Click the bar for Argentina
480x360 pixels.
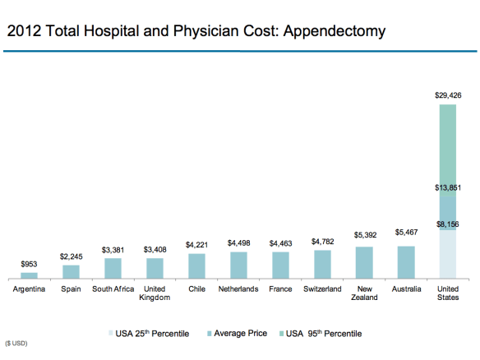29,275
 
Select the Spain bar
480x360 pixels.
71,271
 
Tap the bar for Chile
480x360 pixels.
196,266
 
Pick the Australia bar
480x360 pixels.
406,262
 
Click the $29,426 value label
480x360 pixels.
448,95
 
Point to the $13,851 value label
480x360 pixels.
448,188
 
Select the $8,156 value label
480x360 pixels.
448,224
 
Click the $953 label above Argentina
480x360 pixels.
29,264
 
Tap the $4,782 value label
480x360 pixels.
322,242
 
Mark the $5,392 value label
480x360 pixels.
364,235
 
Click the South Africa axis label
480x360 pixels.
113,289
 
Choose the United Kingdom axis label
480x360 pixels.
155,293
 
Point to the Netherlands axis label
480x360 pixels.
238,289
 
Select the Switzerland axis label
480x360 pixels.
322,289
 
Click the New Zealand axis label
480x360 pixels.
364,293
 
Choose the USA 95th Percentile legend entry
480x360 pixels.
322,334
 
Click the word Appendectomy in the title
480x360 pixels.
331,33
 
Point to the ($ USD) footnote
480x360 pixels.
16,343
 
